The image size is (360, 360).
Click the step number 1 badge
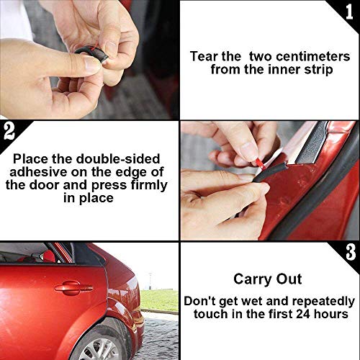349,9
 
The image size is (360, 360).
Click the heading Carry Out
269,279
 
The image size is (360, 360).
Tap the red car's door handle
74,288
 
